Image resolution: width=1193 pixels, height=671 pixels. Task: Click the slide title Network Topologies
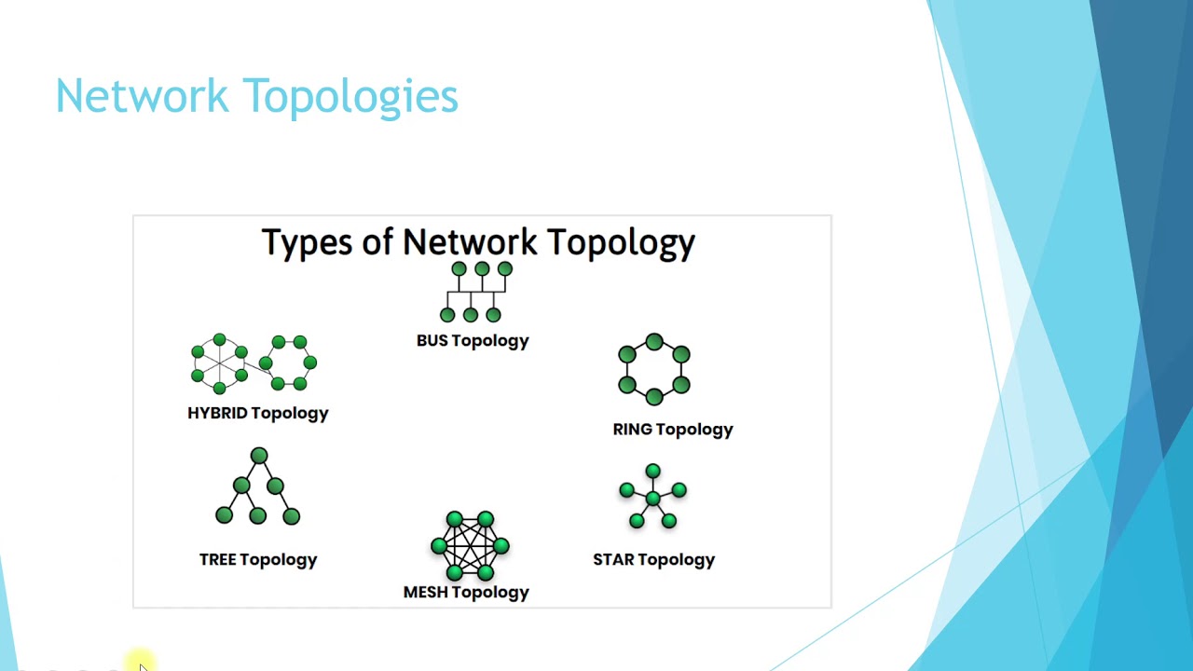pyautogui.click(x=256, y=96)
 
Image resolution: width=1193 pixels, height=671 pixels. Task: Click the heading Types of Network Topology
pyautogui.click(x=478, y=242)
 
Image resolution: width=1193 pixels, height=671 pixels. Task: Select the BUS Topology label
pyautogui.click(x=473, y=341)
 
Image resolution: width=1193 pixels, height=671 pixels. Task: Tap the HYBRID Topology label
pyautogui.click(x=258, y=413)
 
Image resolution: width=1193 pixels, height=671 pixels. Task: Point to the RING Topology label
pyautogui.click(x=673, y=430)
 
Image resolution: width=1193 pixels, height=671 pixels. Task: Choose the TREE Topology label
pyautogui.click(x=258, y=560)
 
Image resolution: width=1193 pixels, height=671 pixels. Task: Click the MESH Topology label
pyautogui.click(x=466, y=593)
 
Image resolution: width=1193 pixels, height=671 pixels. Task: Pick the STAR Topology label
pyautogui.click(x=654, y=560)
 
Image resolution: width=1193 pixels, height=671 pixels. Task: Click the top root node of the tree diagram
pyautogui.click(x=259, y=456)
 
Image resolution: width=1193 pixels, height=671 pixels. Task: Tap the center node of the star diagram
pyautogui.click(x=653, y=500)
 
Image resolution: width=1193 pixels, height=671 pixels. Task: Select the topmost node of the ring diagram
pyautogui.click(x=654, y=342)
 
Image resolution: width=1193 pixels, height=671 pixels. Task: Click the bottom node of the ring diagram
pyautogui.click(x=654, y=397)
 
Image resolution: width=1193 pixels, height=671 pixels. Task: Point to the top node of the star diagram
pyautogui.click(x=652, y=471)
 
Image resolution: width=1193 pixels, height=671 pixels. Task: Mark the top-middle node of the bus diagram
pyautogui.click(x=482, y=269)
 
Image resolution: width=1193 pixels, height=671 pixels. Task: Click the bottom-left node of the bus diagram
pyautogui.click(x=447, y=315)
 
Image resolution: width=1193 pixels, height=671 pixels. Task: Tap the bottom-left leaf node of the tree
pyautogui.click(x=224, y=515)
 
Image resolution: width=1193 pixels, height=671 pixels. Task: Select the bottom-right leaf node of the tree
pyautogui.click(x=292, y=515)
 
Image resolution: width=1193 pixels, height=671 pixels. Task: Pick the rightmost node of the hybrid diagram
pyautogui.click(x=310, y=363)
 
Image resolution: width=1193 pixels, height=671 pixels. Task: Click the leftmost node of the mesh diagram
pyautogui.click(x=438, y=546)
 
